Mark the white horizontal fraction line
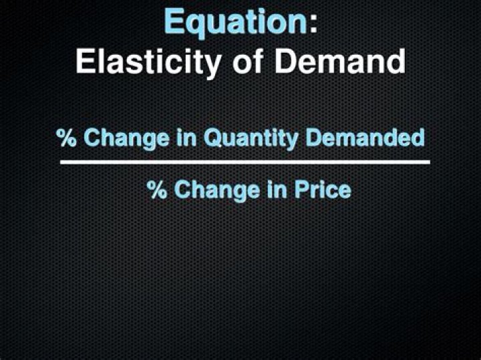tap(245, 162)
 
